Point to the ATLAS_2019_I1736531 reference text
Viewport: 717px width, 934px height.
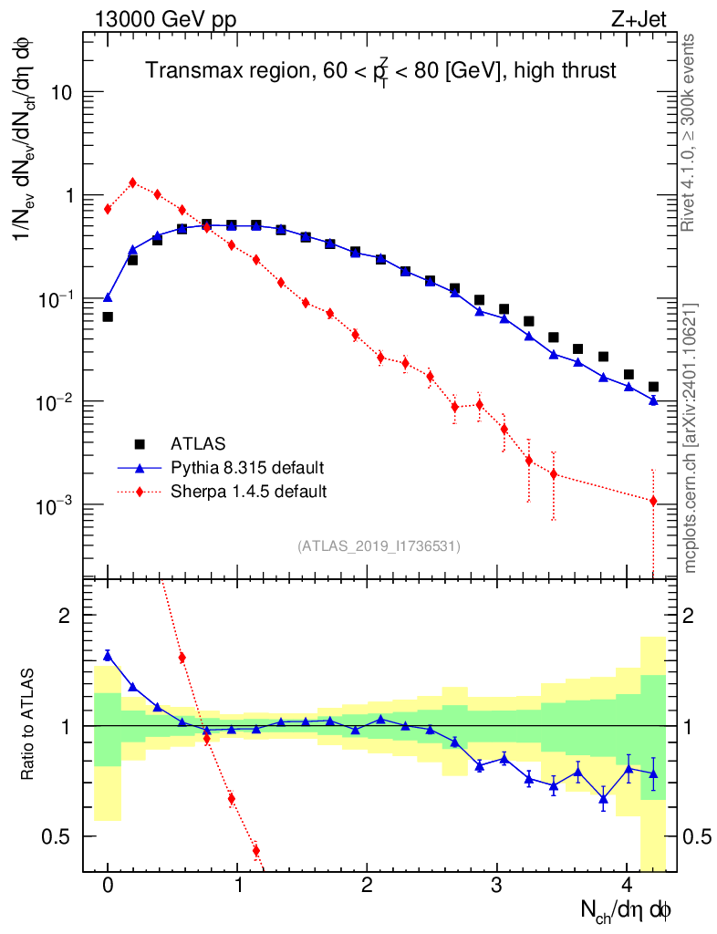point(379,546)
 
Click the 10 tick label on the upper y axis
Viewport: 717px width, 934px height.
point(64,93)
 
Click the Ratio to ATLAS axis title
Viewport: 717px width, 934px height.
point(28,725)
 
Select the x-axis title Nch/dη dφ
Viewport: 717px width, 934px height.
point(627,909)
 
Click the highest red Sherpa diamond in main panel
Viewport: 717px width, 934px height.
point(133,182)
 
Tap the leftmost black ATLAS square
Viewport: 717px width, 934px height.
point(108,317)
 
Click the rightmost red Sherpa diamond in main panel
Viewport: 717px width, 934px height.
point(653,501)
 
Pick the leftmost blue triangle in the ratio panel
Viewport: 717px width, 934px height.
point(108,655)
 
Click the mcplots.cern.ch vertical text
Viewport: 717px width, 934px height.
point(691,439)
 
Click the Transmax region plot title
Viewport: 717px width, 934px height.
point(380,70)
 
